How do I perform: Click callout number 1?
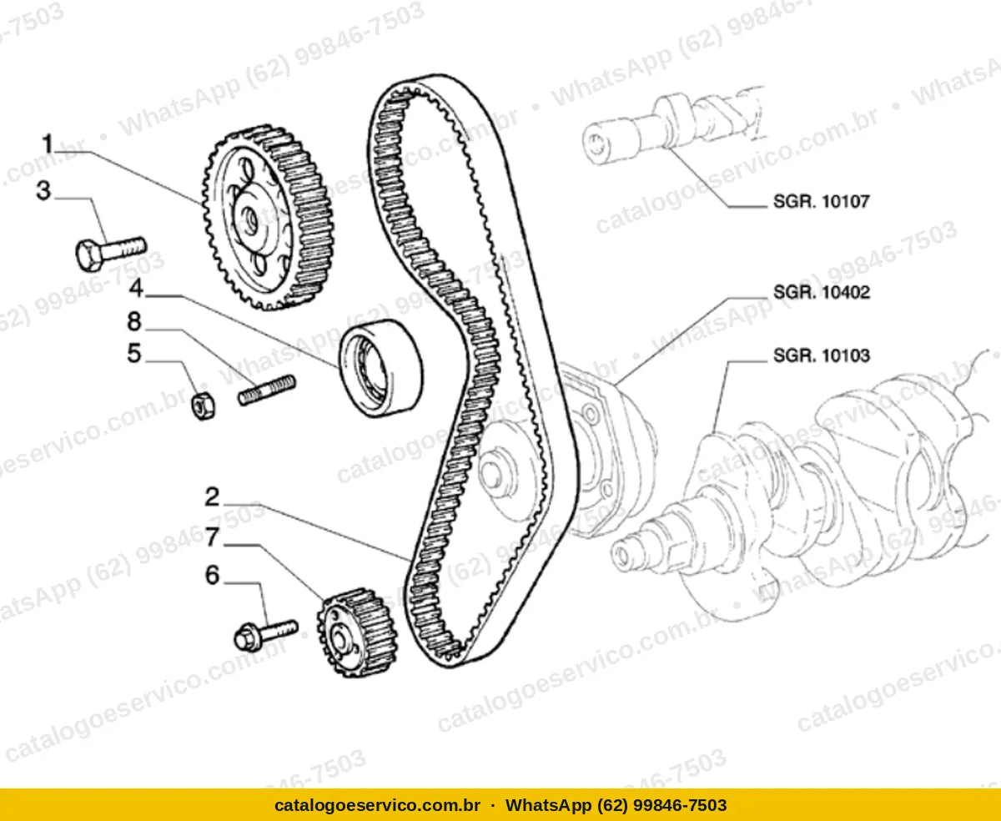coord(48,144)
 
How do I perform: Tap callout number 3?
coord(43,190)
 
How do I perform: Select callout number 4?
coord(136,288)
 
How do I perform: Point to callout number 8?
coord(134,321)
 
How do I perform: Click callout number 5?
coord(134,353)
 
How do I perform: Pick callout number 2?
coord(212,497)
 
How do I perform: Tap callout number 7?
coord(213,537)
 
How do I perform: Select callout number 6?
coord(212,575)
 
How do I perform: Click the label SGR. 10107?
coord(822,201)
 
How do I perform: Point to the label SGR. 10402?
coord(822,292)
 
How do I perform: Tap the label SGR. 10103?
coord(822,355)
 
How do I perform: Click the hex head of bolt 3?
coord(88,256)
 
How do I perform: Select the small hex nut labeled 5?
coord(203,406)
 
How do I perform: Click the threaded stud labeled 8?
coord(267,390)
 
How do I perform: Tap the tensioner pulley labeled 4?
coord(381,369)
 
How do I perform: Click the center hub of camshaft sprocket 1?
coord(249,218)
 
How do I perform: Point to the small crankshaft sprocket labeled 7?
coord(357,633)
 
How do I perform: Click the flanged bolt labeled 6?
coord(266,635)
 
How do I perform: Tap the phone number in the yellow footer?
coord(616,805)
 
